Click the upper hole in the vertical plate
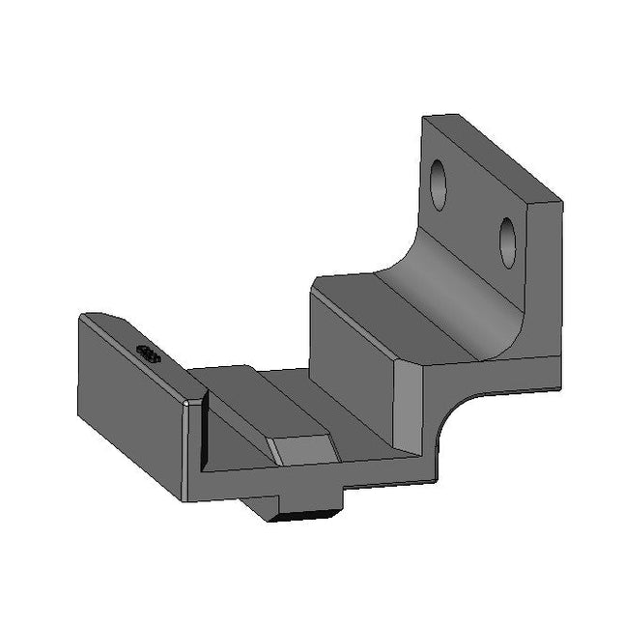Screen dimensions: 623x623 pos(439,184)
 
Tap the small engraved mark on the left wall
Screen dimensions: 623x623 pos(148,354)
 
